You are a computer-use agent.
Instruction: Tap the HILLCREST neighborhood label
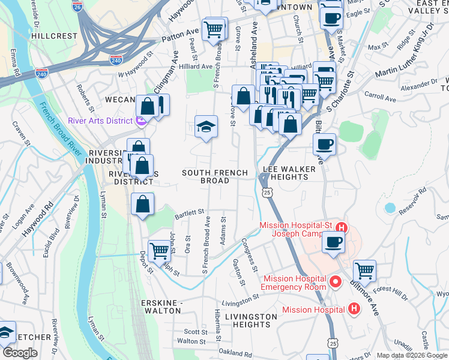click(55, 36)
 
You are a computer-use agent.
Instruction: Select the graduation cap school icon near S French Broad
click(206, 127)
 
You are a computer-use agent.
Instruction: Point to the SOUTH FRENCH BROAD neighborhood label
click(215, 177)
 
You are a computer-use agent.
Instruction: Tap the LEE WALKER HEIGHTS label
click(289, 173)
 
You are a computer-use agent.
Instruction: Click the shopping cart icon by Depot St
click(159, 250)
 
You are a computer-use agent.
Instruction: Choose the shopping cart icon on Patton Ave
click(214, 28)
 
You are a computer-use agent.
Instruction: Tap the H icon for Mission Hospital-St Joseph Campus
click(342, 227)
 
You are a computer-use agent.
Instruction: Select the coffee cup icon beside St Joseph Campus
click(333, 242)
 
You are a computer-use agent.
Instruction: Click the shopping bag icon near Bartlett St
click(143, 204)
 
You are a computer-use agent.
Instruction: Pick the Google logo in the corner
click(19, 353)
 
